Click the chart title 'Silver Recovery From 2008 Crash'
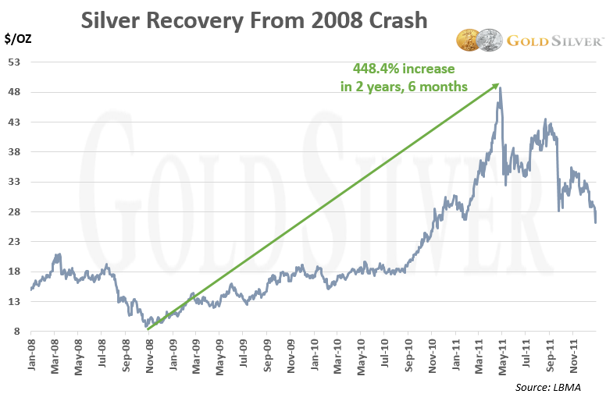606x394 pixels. [254, 20]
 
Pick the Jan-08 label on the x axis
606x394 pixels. [30, 357]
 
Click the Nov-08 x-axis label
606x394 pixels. [148, 357]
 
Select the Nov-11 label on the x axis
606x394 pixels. [573, 357]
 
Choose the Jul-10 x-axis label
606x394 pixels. [384, 357]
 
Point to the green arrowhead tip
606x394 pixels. [498, 83]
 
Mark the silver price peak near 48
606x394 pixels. [500, 88]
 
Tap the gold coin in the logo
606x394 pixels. [469, 41]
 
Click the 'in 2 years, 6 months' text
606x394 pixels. [404, 87]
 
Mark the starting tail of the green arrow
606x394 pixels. [147, 330]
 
